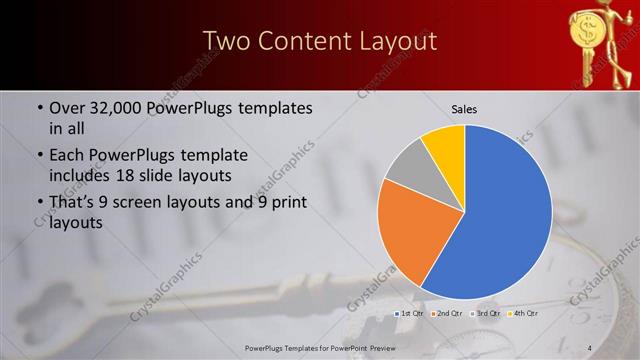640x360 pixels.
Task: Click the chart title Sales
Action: (464, 108)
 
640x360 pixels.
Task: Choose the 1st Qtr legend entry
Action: (410, 313)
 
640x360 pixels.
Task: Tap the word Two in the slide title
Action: (226, 41)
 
